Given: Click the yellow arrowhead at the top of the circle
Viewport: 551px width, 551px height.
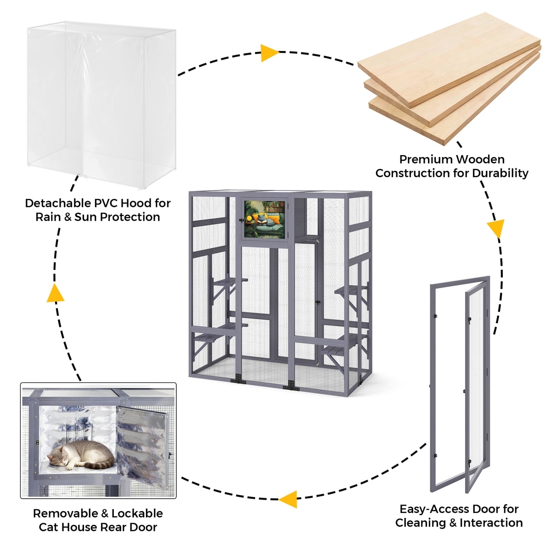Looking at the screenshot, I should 269,53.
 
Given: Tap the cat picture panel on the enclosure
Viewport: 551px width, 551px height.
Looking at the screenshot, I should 264,219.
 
